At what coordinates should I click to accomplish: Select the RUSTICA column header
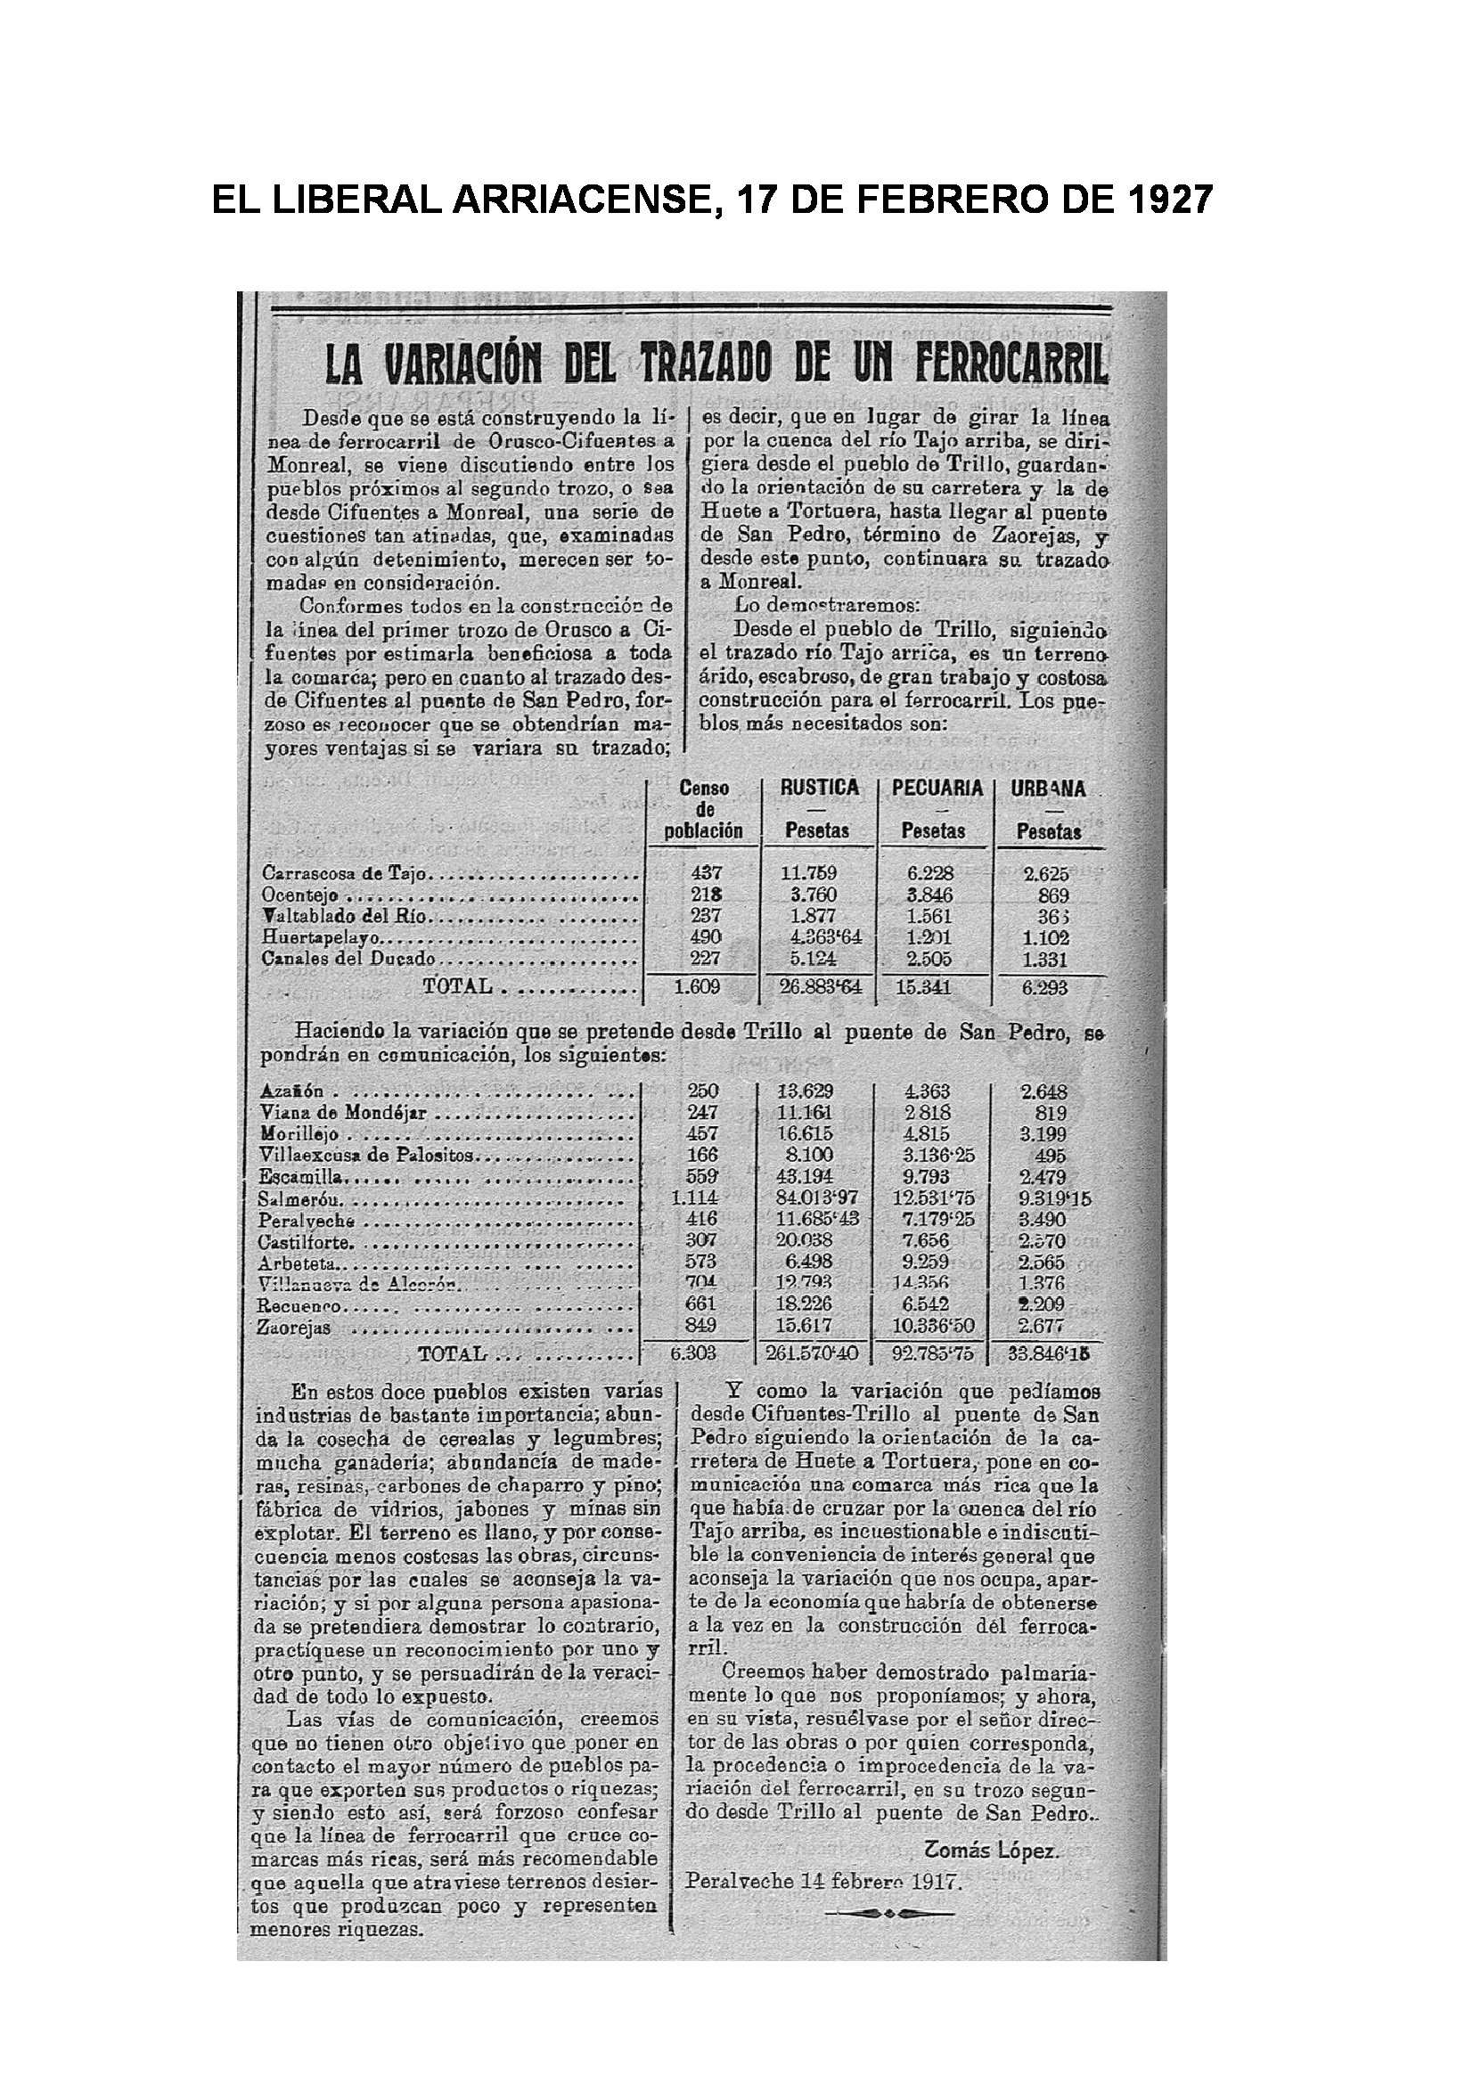point(820,787)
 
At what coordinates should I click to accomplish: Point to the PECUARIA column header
point(937,787)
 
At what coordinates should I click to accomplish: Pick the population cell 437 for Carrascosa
point(705,873)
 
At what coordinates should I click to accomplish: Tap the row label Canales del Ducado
point(348,959)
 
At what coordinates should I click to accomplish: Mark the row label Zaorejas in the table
point(294,1328)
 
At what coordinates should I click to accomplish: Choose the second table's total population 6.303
point(693,1353)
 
